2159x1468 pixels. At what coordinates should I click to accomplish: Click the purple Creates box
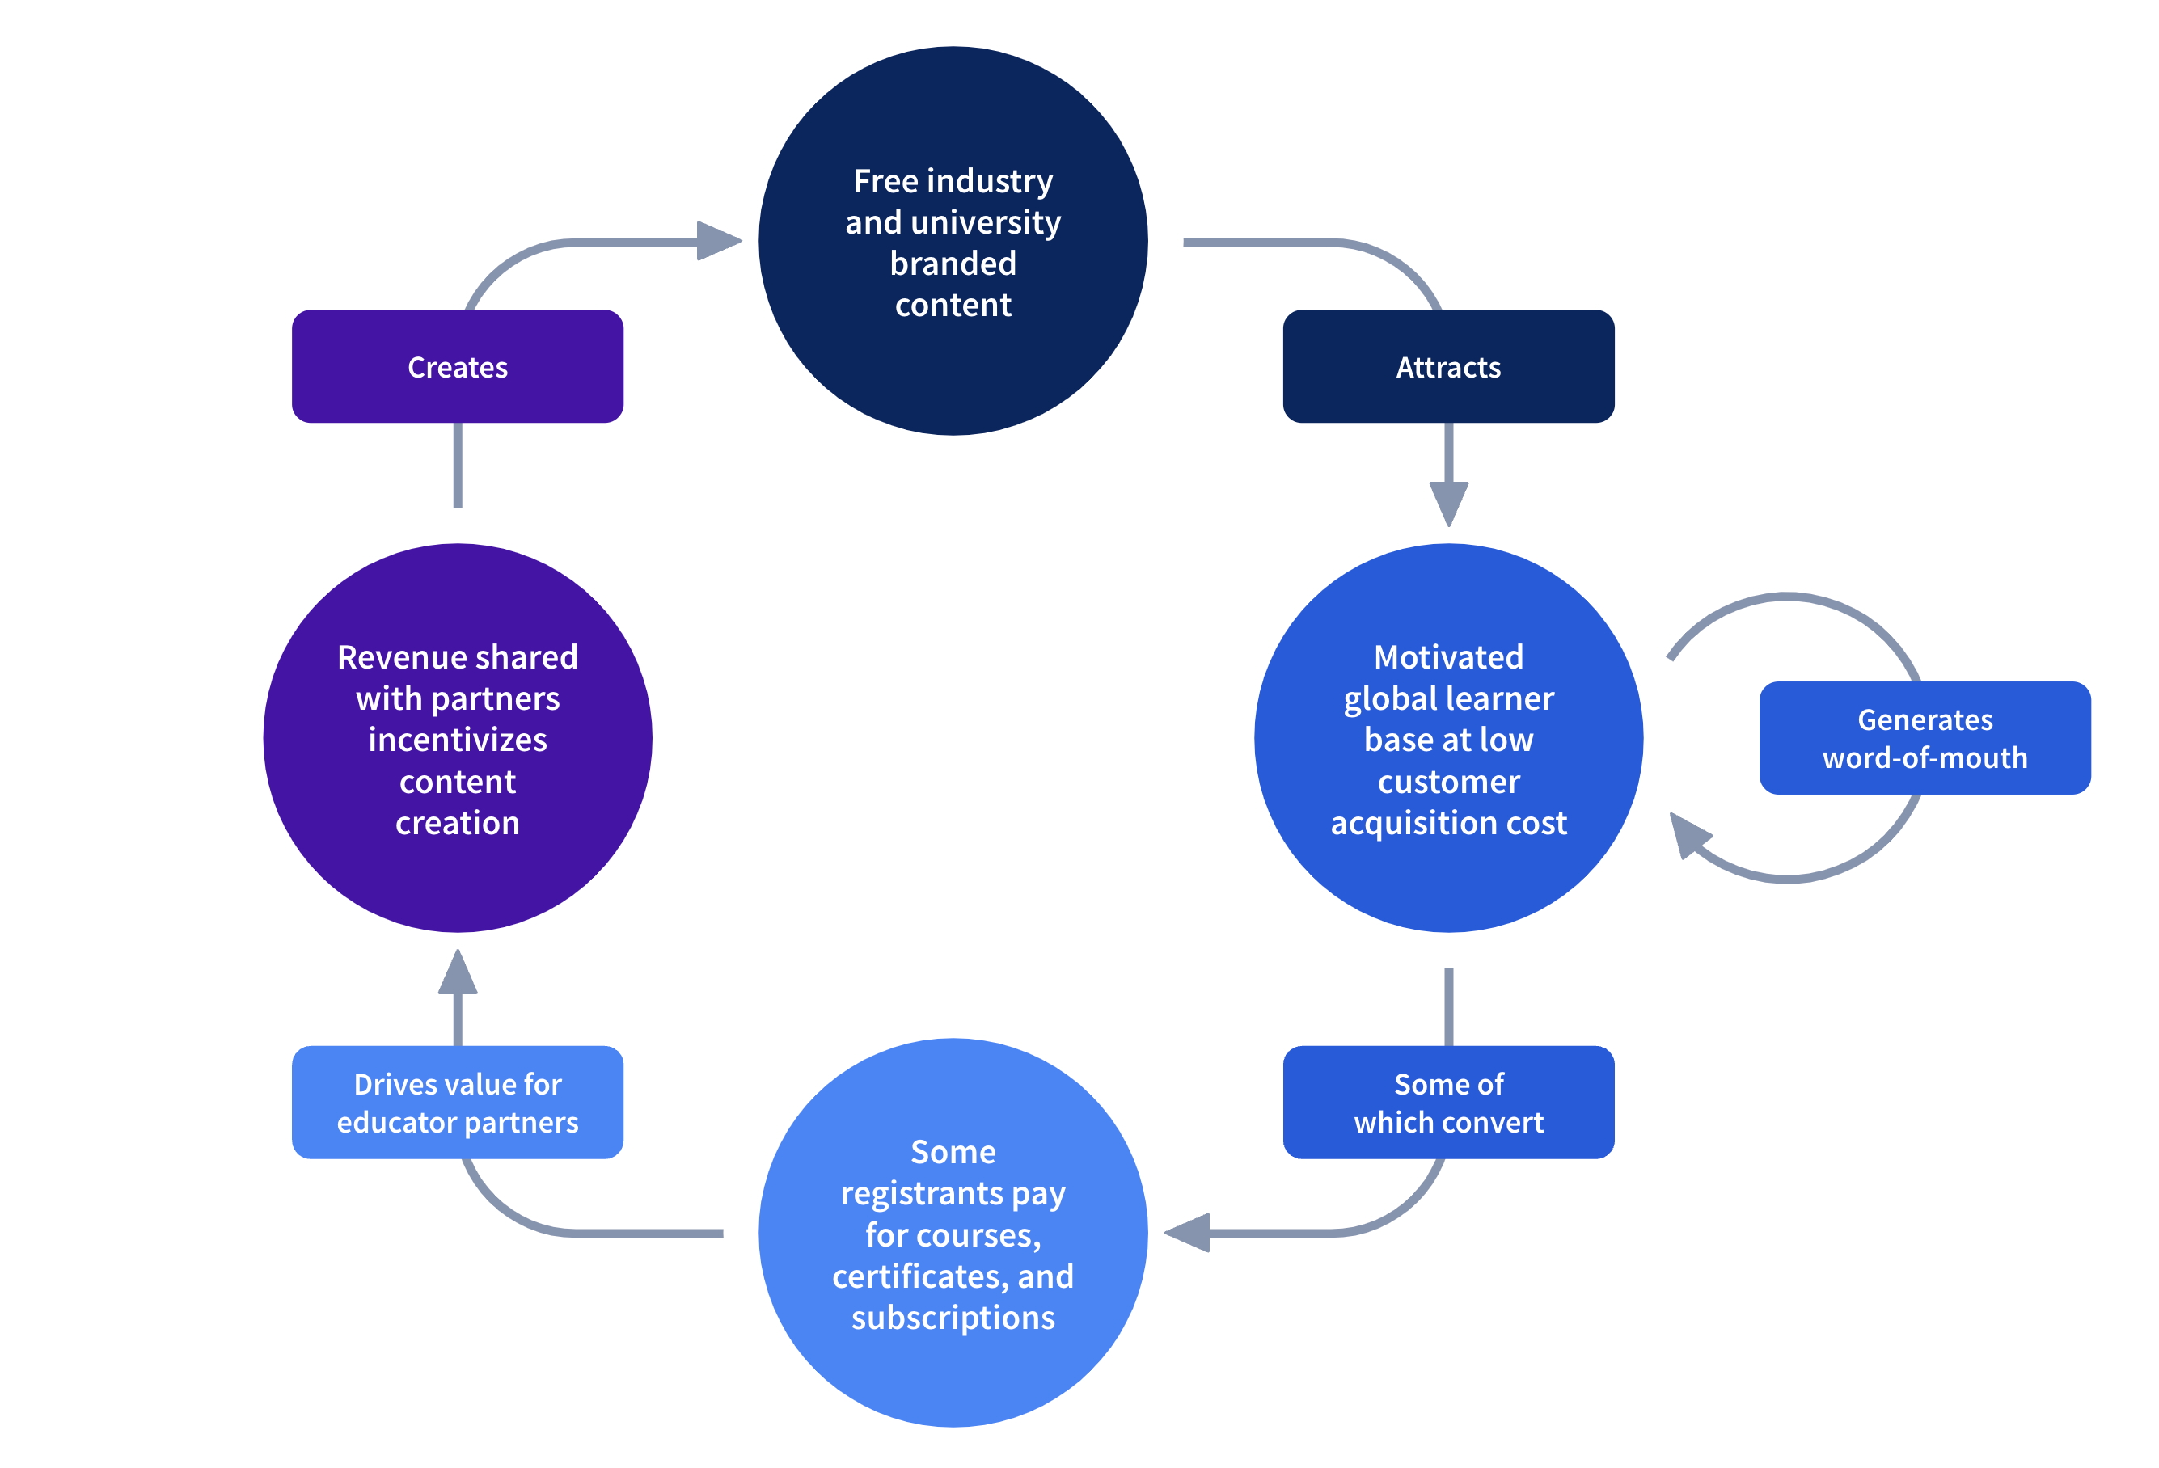tap(457, 367)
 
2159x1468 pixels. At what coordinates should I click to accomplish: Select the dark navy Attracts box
tap(1447, 367)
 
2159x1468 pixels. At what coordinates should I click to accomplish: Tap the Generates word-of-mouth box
tap(1924, 738)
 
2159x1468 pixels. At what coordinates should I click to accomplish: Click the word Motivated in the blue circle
tap(1447, 657)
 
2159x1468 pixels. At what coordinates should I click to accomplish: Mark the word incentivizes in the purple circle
tap(457, 740)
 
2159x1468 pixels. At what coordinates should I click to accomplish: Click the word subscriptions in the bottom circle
tap(953, 1318)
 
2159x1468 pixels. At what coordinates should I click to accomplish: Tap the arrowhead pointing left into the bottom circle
tap(1188, 1233)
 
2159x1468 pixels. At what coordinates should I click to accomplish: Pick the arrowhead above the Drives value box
tap(457, 973)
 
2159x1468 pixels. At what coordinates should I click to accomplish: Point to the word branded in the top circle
tap(953, 264)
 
